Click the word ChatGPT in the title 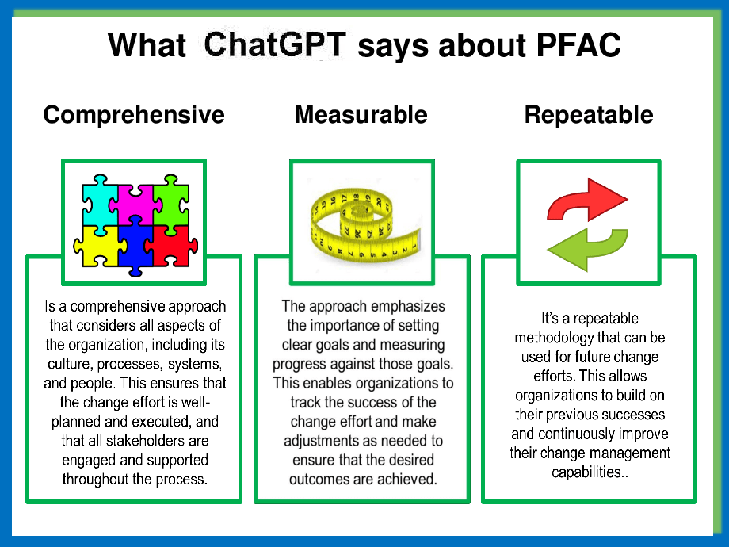(x=275, y=44)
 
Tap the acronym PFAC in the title (x=578, y=44)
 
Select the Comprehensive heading (x=134, y=116)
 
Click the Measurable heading (x=361, y=114)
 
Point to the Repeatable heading (x=589, y=116)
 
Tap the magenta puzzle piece (x=135, y=203)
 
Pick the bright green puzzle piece (x=171, y=203)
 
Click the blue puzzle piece (x=135, y=247)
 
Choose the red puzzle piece (x=171, y=247)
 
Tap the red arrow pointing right (x=586, y=200)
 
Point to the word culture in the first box (x=68, y=364)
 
